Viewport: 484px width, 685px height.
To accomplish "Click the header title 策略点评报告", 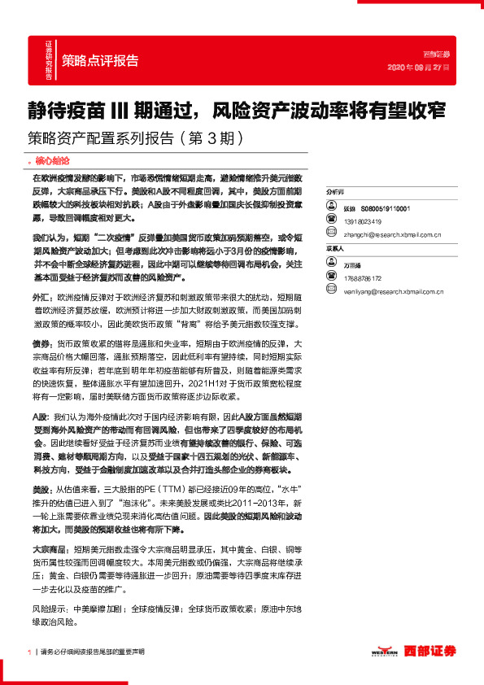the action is coord(100,60).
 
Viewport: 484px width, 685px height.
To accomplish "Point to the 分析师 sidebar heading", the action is coord(335,188).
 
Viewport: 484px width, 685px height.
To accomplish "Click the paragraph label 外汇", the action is coord(40,299).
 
